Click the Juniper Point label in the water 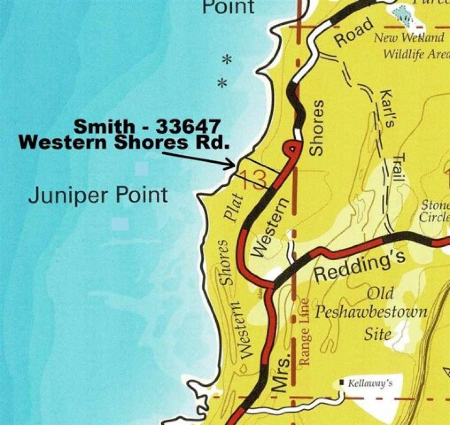point(98,195)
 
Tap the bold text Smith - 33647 point(147,126)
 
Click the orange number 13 point(254,180)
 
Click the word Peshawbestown point(370,312)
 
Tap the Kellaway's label point(370,383)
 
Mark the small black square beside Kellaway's point(342,383)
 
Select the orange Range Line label point(304,331)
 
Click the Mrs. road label point(282,372)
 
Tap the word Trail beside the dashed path point(399,169)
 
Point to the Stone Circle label point(435,211)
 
